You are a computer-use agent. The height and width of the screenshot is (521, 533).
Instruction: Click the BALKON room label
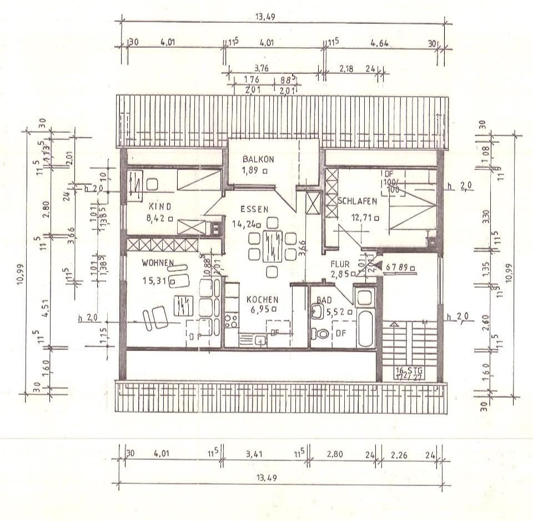258,159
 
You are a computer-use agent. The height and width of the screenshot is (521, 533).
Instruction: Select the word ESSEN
254,209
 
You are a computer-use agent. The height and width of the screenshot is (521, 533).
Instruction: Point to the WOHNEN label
158,262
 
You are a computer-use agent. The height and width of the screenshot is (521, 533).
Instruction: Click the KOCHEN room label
262,299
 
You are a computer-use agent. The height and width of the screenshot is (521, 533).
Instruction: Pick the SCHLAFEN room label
358,201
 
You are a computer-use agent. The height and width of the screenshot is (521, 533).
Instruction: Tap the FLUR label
339,264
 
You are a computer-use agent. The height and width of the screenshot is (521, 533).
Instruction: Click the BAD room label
323,300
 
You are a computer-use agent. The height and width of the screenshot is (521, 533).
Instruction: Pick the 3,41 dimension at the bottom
256,454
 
